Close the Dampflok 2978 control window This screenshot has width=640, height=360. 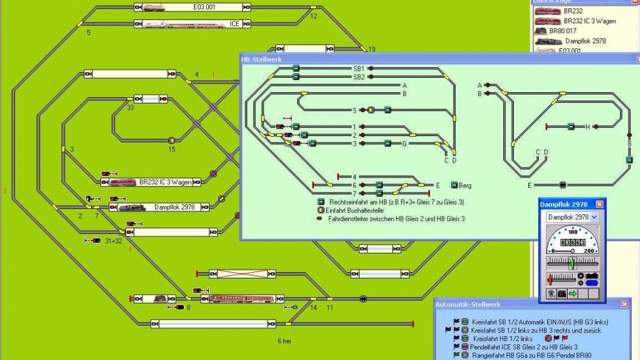point(599,204)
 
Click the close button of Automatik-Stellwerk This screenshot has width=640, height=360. point(624,304)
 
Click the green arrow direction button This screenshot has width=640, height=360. point(573,293)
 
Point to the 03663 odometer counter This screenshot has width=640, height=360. point(572,241)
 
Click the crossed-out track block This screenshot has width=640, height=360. point(242,274)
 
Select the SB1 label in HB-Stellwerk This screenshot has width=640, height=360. point(358,68)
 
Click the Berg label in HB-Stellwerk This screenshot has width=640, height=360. point(465,186)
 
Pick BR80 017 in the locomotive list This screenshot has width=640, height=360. point(562,31)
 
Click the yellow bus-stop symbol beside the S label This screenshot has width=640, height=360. point(371,110)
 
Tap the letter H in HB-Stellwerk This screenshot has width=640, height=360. point(588,127)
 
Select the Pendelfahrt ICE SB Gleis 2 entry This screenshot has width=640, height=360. point(525,346)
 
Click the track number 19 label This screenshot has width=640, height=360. point(371,50)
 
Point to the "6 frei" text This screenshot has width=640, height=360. point(284,341)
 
